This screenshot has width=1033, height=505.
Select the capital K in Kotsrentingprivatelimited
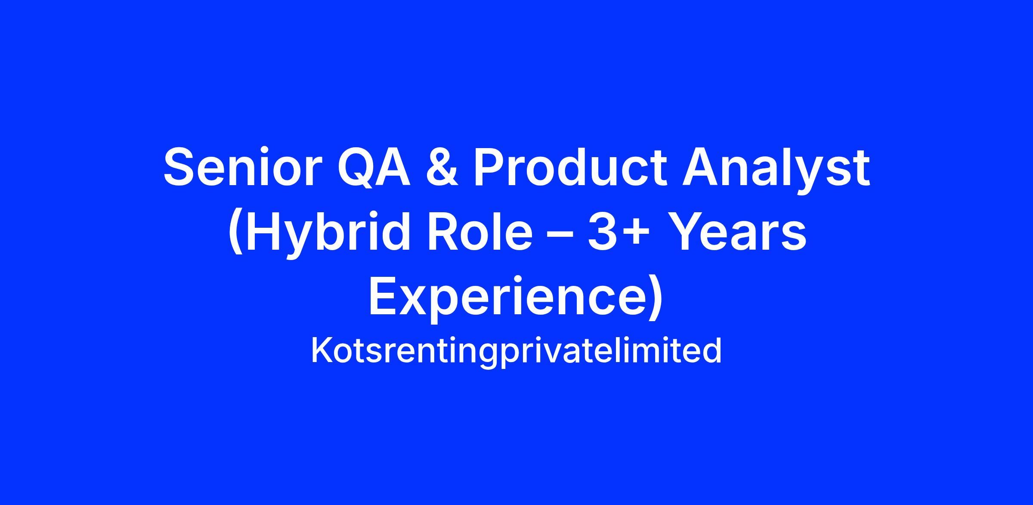(322, 350)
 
